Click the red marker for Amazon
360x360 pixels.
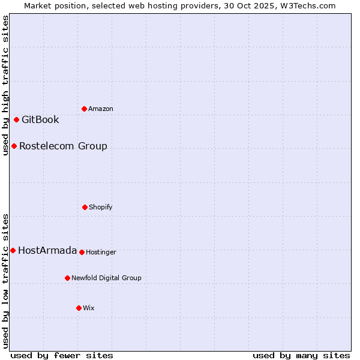click(84, 109)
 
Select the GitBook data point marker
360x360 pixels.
click(16, 119)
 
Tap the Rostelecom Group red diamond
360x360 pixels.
click(14, 146)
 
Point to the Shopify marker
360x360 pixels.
click(85, 207)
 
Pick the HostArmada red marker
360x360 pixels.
click(13, 250)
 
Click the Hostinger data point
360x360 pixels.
click(82, 252)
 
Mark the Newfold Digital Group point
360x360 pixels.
click(67, 278)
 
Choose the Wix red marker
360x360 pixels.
click(79, 308)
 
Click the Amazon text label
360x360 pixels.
click(101, 109)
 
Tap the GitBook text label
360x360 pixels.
click(40, 119)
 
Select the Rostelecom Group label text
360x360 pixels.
click(63, 146)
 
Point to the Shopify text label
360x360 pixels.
click(101, 208)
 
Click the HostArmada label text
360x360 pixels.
click(47, 250)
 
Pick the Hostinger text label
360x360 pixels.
click(101, 253)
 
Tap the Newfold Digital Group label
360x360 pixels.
click(106, 278)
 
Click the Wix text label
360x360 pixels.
click(89, 308)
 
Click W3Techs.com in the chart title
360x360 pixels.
click(307, 5)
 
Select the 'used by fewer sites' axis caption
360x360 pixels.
click(62, 355)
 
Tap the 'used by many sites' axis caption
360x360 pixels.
click(301, 355)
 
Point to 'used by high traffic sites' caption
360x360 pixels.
click(5, 85)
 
